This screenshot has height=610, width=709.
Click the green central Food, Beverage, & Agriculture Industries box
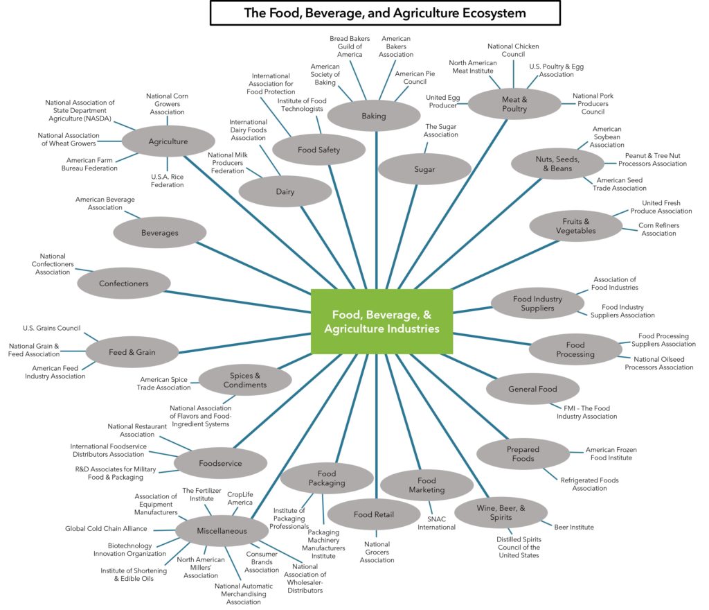pos(382,322)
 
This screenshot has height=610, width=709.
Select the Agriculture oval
pos(168,141)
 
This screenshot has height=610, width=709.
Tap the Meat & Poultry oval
pos(514,104)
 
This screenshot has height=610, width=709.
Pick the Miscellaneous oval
pos(222,531)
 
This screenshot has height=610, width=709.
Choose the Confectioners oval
pos(123,284)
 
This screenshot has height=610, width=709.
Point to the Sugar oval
pos(424,169)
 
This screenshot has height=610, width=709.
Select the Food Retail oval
pos(373,515)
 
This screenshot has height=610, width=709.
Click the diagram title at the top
pos(385,13)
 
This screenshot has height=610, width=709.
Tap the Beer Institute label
pos(573,528)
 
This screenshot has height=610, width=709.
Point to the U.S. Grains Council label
pos(51,329)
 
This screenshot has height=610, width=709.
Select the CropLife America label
pos(241,498)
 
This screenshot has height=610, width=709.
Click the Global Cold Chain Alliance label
pos(106,529)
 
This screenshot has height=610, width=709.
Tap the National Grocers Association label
pos(377,552)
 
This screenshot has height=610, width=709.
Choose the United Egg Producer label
pos(442,101)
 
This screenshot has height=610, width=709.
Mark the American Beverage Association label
pos(105,203)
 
